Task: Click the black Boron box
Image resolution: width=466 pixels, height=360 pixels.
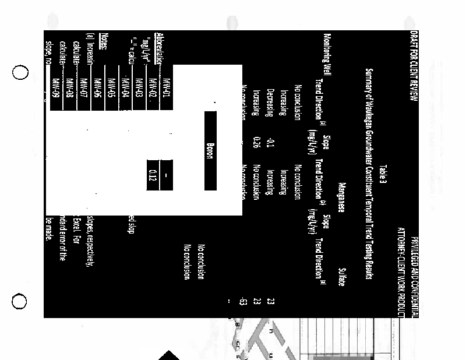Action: pyautogui.click(x=210, y=151)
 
